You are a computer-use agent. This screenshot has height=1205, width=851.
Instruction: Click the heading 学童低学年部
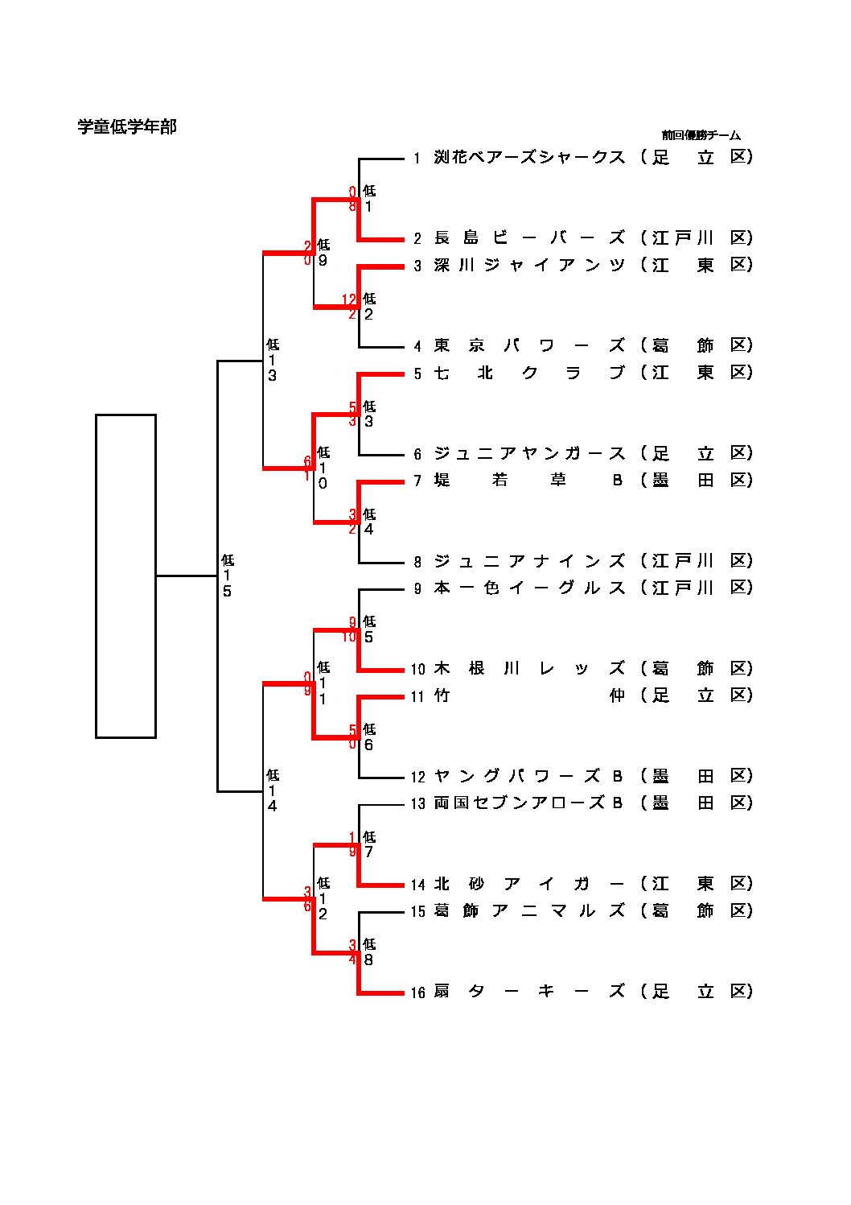[126, 126]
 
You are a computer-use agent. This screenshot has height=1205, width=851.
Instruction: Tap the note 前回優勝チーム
[701, 135]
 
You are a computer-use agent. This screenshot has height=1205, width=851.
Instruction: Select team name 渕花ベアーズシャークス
[529, 157]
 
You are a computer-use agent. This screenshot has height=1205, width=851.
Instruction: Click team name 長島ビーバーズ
[529, 237]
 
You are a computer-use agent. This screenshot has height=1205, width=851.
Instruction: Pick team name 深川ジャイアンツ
[529, 265]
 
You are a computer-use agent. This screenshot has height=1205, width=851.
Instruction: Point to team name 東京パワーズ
[529, 345]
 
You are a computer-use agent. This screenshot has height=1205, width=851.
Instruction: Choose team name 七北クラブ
[529, 373]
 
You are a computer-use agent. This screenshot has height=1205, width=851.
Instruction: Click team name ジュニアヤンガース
[529, 453]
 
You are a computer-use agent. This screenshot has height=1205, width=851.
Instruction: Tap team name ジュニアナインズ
[529, 561]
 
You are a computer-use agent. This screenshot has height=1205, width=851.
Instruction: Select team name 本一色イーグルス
[529, 588]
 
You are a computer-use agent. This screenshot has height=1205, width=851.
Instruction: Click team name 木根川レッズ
[529, 668]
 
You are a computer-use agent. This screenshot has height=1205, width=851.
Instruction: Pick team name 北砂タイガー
[529, 884]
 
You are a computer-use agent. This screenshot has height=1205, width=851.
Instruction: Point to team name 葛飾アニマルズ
[529, 910]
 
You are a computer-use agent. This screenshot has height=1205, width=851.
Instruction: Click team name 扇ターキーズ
[529, 991]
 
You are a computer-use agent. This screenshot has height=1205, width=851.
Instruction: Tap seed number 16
[417, 992]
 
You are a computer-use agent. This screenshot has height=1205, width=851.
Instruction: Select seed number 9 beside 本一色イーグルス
[417, 588]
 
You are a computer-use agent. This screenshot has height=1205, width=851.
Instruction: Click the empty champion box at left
[125, 576]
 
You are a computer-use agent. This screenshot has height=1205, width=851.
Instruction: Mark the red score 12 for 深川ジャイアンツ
[349, 299]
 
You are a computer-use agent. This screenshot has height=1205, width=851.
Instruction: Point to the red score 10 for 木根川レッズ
[349, 637]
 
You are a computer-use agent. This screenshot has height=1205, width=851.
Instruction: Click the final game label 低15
[228, 576]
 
